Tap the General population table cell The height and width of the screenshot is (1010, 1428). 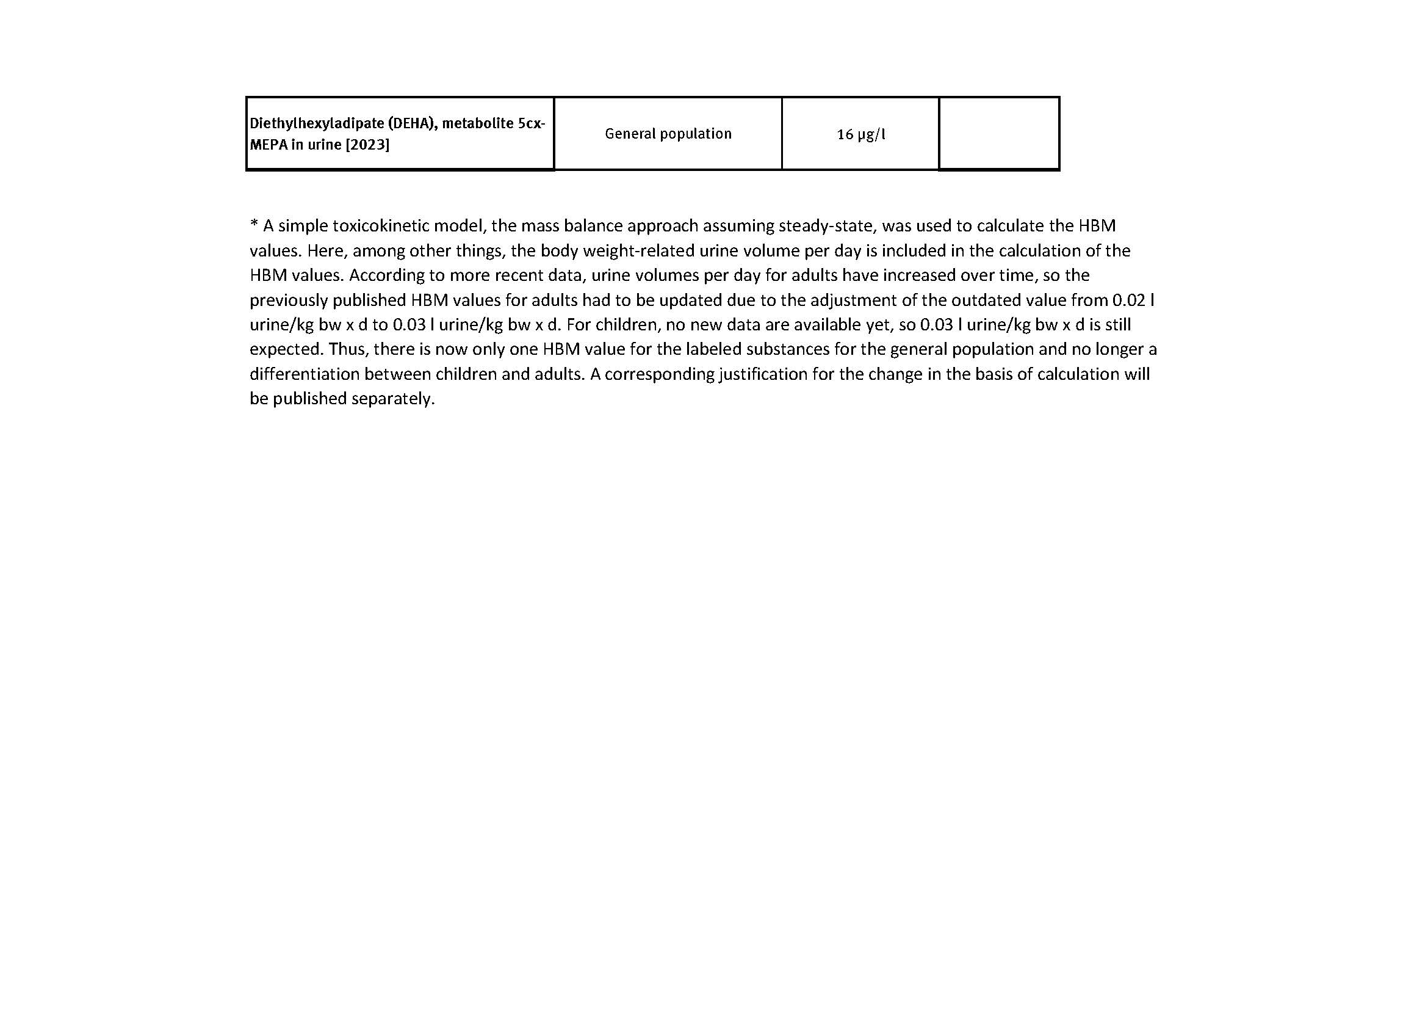click(668, 134)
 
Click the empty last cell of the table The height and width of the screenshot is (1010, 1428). click(999, 134)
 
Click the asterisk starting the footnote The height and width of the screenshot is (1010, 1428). click(254, 224)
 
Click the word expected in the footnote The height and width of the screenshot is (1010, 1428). click(286, 349)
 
